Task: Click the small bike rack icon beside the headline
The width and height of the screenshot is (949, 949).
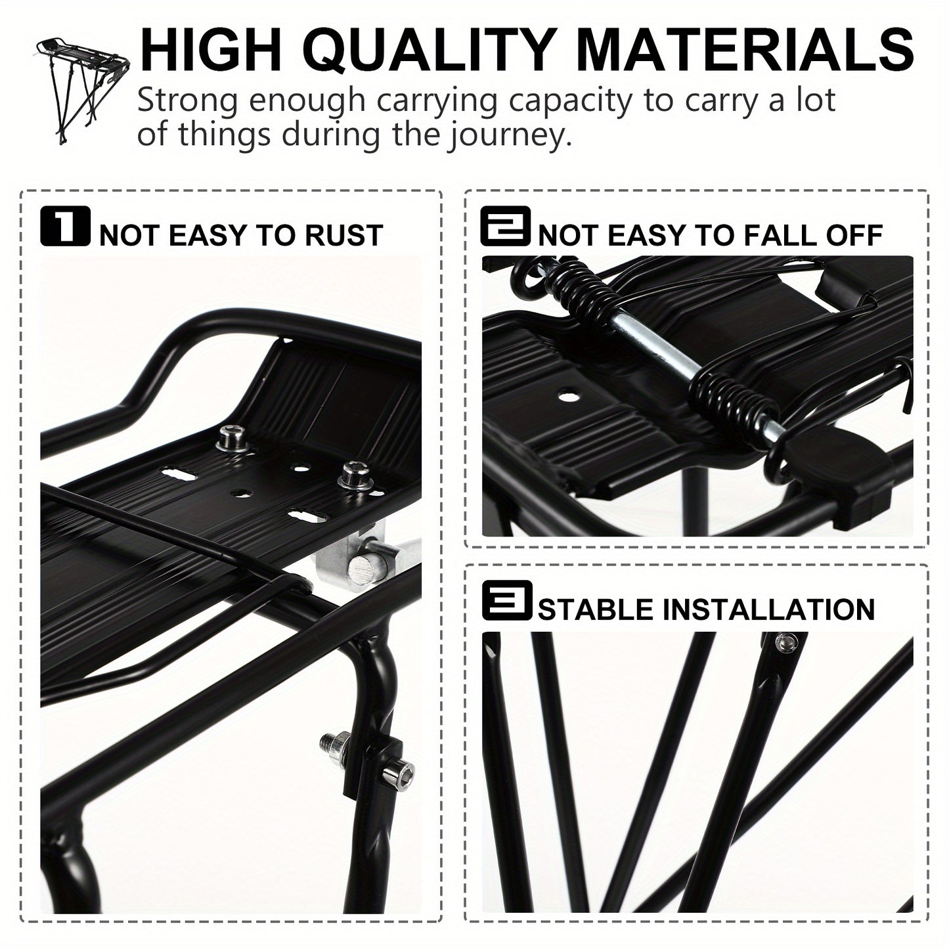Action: click(83, 89)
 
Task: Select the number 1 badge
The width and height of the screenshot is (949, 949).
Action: click(64, 227)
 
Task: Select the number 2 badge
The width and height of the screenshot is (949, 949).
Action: click(504, 227)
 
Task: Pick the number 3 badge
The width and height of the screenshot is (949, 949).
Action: click(506, 600)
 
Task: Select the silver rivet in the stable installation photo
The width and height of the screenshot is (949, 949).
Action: click(783, 644)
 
